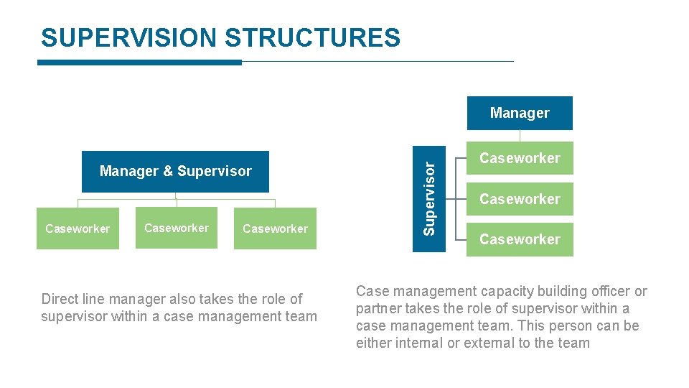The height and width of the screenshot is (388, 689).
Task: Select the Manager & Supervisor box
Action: tap(175, 172)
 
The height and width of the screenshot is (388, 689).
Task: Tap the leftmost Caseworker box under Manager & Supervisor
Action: tap(78, 228)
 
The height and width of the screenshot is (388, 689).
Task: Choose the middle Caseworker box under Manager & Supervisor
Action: tap(177, 228)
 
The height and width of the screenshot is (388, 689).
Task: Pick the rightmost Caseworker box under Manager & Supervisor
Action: tap(275, 228)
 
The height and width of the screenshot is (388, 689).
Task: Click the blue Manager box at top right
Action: tap(520, 113)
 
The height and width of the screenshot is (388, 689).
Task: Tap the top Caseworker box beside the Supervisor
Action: tap(520, 158)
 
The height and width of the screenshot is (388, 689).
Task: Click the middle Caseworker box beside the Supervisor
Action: tap(520, 199)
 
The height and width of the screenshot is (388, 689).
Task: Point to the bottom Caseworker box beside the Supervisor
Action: tap(520, 239)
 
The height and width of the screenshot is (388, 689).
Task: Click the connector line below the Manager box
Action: tap(520, 136)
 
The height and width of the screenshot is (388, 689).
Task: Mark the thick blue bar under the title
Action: tap(139, 63)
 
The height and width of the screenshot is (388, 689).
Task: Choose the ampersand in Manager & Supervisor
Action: tap(168, 172)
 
